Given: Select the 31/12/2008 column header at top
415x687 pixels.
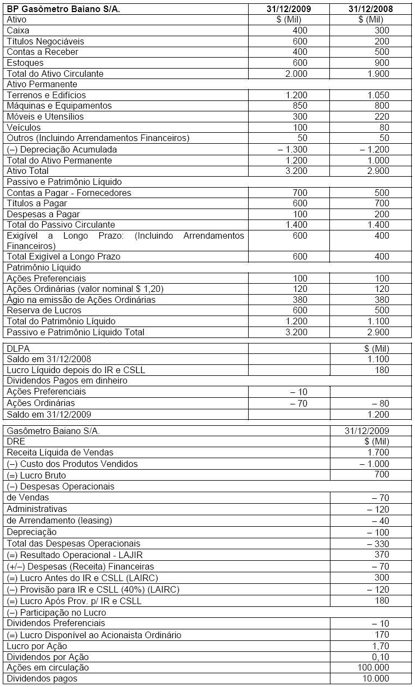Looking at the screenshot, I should pos(371,9).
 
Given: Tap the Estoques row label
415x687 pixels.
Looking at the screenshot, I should pos(25,63).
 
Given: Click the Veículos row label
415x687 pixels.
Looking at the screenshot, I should pos(24,127).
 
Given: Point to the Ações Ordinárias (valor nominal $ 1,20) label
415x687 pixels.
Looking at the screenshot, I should pos(85,289).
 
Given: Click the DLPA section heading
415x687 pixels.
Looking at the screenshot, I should pos(17,348).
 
